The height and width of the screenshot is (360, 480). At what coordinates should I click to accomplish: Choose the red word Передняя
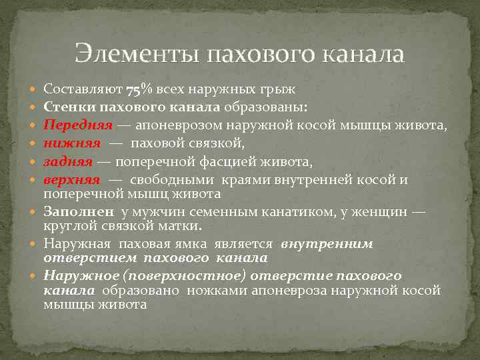pos(73,124)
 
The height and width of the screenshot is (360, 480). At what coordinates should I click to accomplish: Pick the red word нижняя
pos(72,142)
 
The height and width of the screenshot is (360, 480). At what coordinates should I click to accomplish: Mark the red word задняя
pos(68,160)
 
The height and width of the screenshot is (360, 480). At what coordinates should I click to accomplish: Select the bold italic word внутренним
pos(327,244)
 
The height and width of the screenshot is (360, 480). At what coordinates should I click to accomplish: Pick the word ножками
pos(212,290)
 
